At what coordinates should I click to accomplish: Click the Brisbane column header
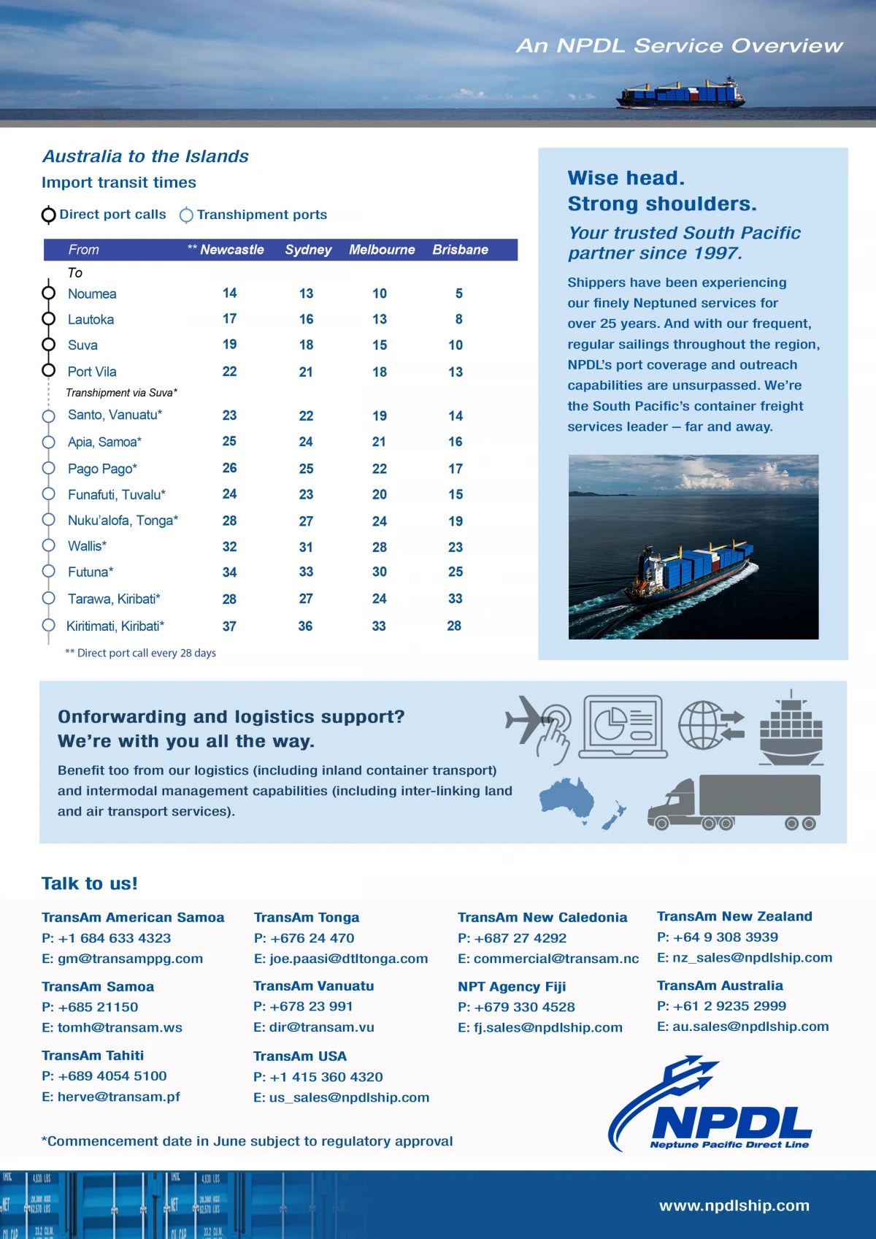(x=460, y=250)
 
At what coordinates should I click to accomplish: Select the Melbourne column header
(x=382, y=250)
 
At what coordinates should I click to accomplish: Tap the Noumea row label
(x=92, y=294)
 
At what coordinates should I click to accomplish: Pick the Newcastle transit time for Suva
(x=229, y=345)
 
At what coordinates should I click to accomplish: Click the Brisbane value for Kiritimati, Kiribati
(x=454, y=626)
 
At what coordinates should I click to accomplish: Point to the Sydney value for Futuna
(x=306, y=572)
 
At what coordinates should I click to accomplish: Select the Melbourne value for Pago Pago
(x=380, y=469)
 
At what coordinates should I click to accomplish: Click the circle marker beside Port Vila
(x=49, y=370)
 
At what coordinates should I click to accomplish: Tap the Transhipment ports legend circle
(x=187, y=215)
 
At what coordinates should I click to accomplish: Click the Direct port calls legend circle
(x=49, y=215)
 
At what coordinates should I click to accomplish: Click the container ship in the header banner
(x=680, y=93)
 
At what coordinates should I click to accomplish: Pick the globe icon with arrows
(x=710, y=725)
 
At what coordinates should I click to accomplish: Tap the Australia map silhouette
(x=566, y=798)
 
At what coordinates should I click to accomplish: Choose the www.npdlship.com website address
(x=734, y=1205)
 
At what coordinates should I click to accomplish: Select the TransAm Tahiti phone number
(x=104, y=1076)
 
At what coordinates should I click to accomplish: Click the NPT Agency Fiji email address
(x=540, y=1027)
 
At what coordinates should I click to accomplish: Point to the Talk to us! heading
(x=90, y=883)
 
